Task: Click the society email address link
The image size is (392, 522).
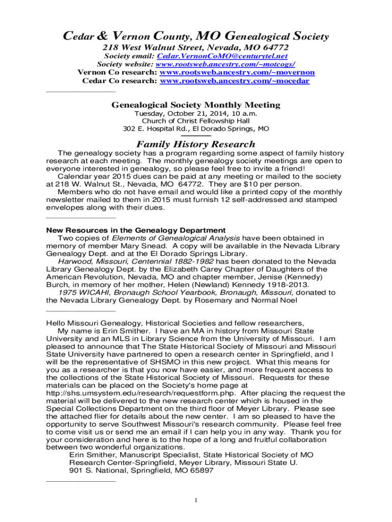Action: point(222,56)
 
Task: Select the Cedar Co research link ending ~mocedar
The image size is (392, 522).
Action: point(235,81)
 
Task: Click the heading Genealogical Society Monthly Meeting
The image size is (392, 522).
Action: point(196,105)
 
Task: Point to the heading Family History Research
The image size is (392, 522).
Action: point(196,144)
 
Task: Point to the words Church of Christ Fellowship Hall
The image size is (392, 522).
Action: point(196,121)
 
